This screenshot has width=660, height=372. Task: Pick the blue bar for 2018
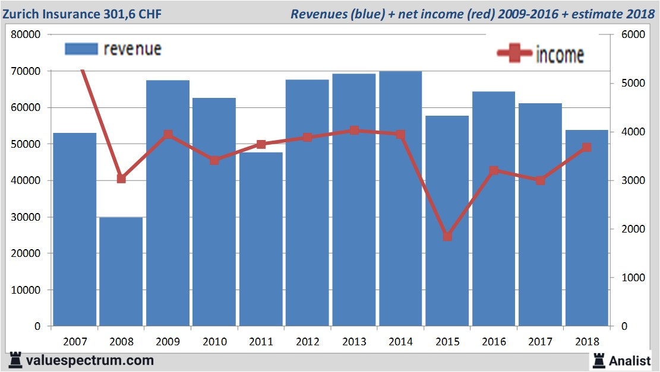pos(587,237)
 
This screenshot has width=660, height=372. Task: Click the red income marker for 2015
pos(447,236)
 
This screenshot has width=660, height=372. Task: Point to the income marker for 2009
pos(168,135)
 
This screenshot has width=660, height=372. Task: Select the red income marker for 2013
pos(354,130)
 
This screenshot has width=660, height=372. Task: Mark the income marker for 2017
pos(540,180)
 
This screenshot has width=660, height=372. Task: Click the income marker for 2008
pos(121,179)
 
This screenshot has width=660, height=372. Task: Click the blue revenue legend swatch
pos(81,49)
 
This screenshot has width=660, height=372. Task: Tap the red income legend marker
pos(514,53)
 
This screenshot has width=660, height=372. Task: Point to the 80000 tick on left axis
pos(26,34)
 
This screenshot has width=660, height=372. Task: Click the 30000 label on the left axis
pos(26,217)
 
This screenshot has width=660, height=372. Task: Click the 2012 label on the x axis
pos(307,342)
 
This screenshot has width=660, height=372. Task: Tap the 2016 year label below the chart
pos(494,342)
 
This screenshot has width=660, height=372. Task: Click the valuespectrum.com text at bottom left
pos(89,360)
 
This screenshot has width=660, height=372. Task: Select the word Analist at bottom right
pos(630,360)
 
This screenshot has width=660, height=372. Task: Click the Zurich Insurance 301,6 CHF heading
pos(81,13)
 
